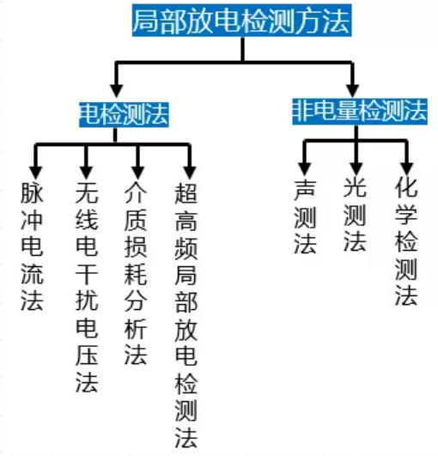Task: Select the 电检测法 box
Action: pyautogui.click(x=123, y=113)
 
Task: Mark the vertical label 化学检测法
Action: pyautogui.click(x=406, y=241)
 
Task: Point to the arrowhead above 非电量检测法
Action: pyautogui.click(x=353, y=88)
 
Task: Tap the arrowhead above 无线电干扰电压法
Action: pyautogui.click(x=86, y=166)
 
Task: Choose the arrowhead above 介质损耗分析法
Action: pyautogui.click(x=137, y=166)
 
